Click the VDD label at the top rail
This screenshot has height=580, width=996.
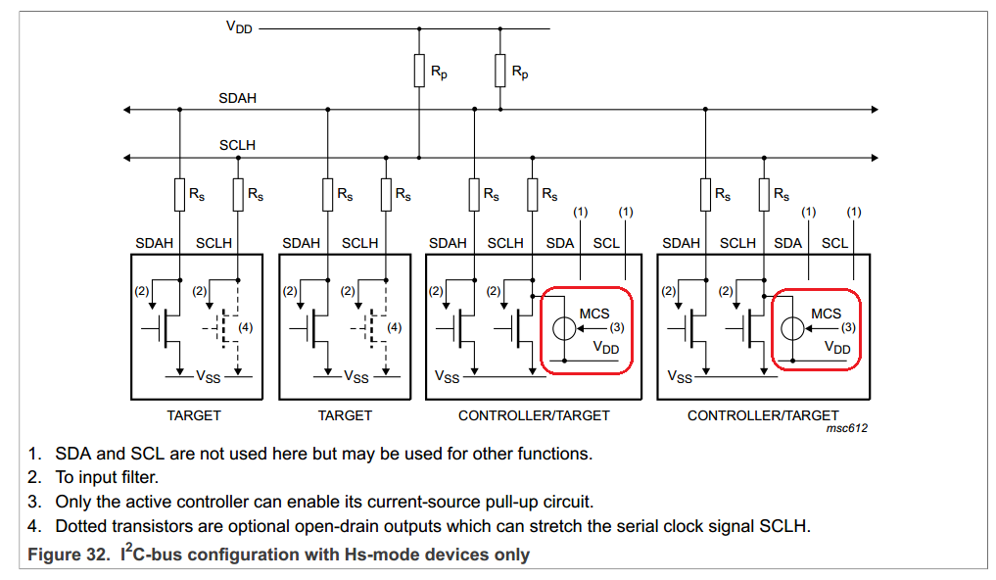click(x=239, y=27)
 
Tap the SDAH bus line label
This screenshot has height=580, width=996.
click(x=238, y=98)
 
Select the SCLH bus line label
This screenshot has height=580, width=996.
click(x=238, y=145)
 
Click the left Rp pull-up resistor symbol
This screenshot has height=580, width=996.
click(x=419, y=71)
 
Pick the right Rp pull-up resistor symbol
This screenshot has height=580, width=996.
click(x=500, y=71)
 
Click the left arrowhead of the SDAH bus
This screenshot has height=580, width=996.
click(x=127, y=110)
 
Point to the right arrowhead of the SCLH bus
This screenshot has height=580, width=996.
click(x=875, y=158)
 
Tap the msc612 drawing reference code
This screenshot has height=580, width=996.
click(x=847, y=428)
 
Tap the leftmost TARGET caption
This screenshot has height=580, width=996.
click(x=194, y=415)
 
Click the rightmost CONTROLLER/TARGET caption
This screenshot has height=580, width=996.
click(x=763, y=415)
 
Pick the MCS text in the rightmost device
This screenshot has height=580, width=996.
click(x=826, y=314)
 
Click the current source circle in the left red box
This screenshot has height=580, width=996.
click(x=564, y=328)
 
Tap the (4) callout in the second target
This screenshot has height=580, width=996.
click(x=395, y=328)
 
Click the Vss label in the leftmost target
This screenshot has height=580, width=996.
click(x=209, y=377)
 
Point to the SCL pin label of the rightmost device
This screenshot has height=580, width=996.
click(x=834, y=243)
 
